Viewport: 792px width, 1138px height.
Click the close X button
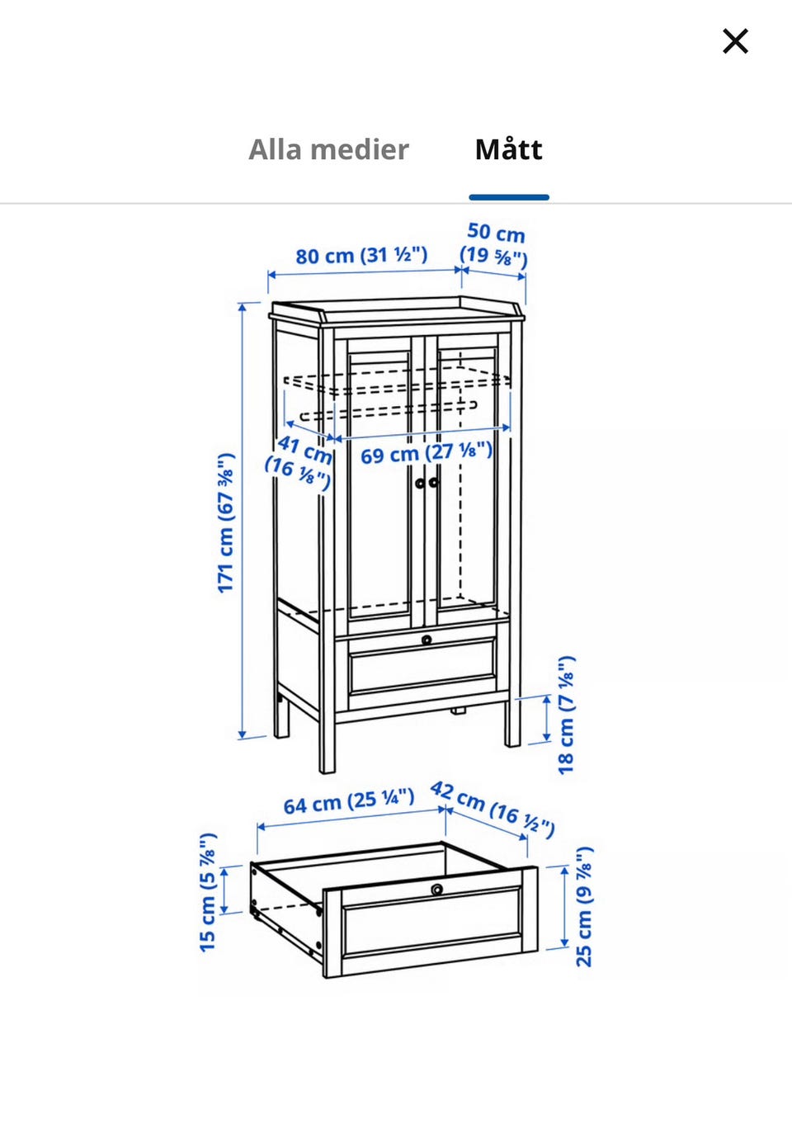(x=735, y=41)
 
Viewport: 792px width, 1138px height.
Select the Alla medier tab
(x=328, y=149)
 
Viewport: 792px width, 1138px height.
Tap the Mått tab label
(x=508, y=149)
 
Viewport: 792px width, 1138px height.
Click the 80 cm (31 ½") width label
(x=361, y=255)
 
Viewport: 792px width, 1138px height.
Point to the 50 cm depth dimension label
(x=494, y=245)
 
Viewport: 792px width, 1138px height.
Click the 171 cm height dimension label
(x=225, y=522)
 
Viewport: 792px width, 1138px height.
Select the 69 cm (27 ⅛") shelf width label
(x=427, y=453)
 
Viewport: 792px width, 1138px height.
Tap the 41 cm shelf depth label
(x=299, y=463)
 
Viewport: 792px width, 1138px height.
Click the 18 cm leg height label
(x=566, y=715)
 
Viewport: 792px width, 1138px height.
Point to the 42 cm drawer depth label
(x=492, y=810)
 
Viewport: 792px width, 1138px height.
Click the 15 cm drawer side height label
(x=208, y=892)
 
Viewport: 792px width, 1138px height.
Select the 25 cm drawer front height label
(x=584, y=906)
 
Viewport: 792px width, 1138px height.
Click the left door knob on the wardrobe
(x=420, y=483)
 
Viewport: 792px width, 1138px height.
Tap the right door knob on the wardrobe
(x=433, y=483)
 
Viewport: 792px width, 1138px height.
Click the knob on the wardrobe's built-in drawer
(x=427, y=640)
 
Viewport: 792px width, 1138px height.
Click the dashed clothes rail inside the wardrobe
(x=389, y=411)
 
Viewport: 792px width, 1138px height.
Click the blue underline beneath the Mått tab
(x=509, y=197)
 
